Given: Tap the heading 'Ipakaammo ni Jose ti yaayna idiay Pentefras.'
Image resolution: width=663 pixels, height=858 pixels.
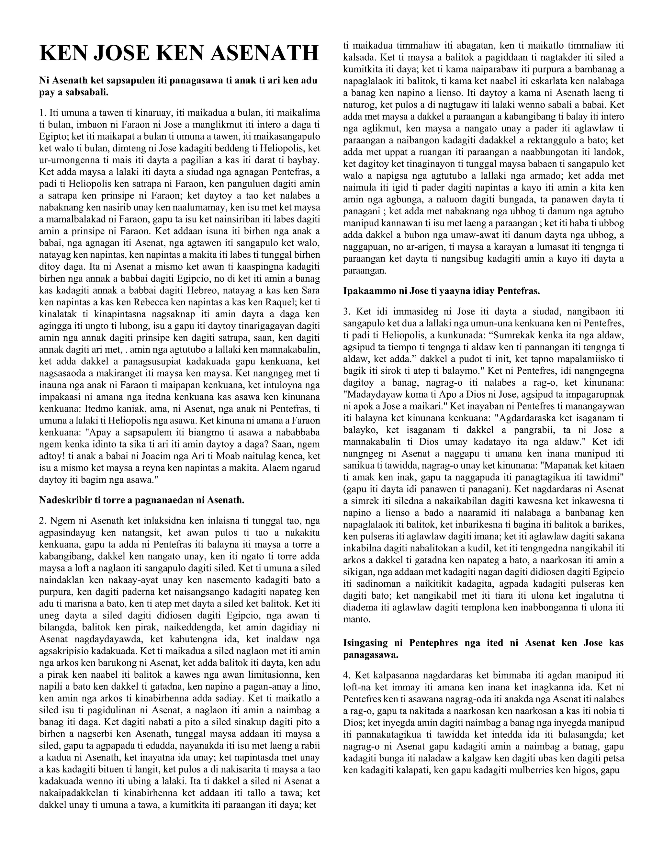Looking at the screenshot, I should coord(442,291).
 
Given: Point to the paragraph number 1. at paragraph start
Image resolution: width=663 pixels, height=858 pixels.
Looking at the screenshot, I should coord(43,113).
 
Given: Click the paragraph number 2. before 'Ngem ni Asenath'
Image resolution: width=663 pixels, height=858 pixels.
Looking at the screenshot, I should coord(43,521).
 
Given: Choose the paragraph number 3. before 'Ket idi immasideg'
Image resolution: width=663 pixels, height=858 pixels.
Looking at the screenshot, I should coord(346,311).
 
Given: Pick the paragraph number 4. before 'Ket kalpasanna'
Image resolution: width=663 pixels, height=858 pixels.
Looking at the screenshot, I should coord(346,675).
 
